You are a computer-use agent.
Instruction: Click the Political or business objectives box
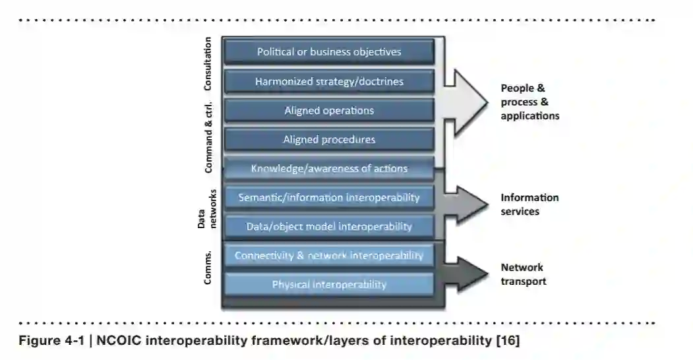click(328, 51)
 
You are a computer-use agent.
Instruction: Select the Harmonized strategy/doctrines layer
click(328, 82)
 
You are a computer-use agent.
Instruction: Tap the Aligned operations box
click(328, 111)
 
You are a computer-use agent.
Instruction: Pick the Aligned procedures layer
click(328, 140)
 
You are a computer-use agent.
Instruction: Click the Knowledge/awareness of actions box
click(328, 169)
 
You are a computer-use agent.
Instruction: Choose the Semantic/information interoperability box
click(328, 197)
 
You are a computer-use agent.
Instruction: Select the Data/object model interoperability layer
click(328, 226)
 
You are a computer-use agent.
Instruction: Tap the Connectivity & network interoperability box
click(328, 256)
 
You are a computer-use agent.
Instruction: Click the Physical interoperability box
click(328, 285)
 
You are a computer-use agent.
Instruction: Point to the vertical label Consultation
click(208, 64)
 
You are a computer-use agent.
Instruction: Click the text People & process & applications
click(529, 102)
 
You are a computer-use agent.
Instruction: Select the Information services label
click(529, 204)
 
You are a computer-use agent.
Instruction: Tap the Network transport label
click(523, 274)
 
